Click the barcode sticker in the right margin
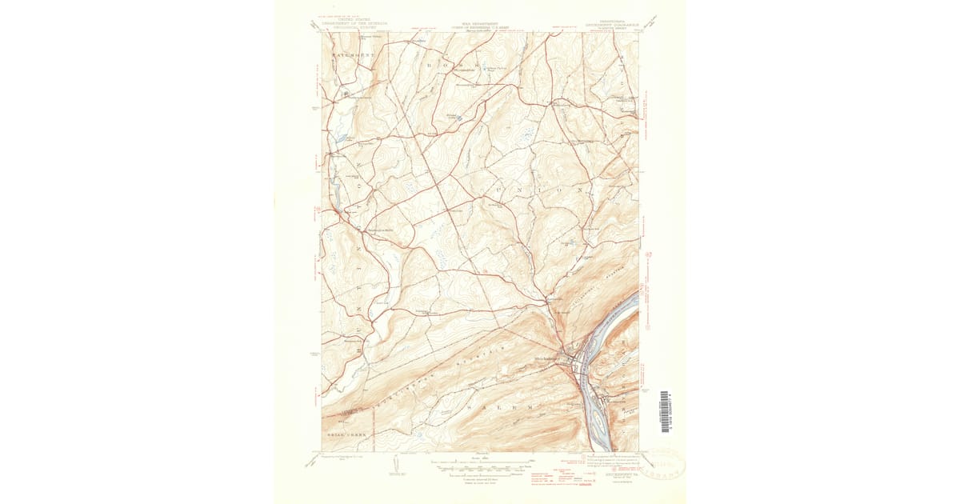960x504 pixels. pos(665,411)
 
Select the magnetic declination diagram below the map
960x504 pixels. pos(398,464)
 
